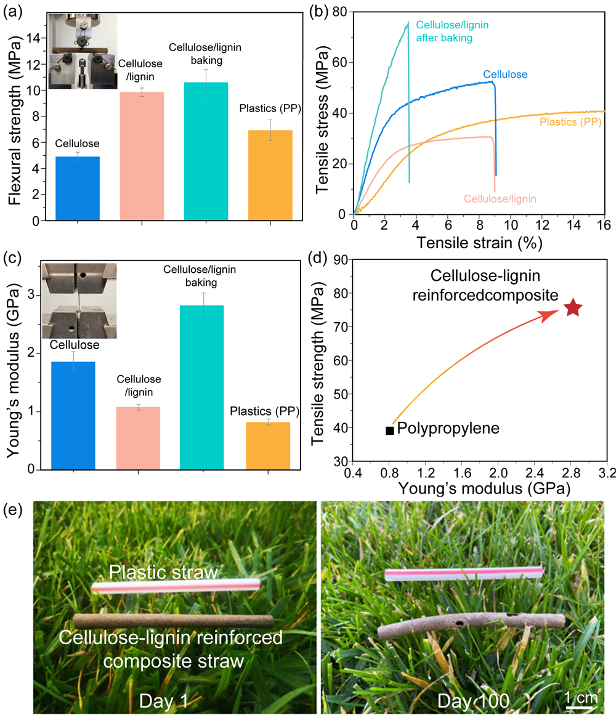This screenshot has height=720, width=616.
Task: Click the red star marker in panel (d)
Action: pyautogui.click(x=573, y=308)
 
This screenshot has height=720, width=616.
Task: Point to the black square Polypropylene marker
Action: pyautogui.click(x=389, y=431)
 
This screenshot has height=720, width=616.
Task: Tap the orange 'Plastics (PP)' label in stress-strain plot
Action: pyautogui.click(x=570, y=122)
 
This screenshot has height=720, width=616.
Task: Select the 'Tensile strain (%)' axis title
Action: pyautogui.click(x=478, y=243)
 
